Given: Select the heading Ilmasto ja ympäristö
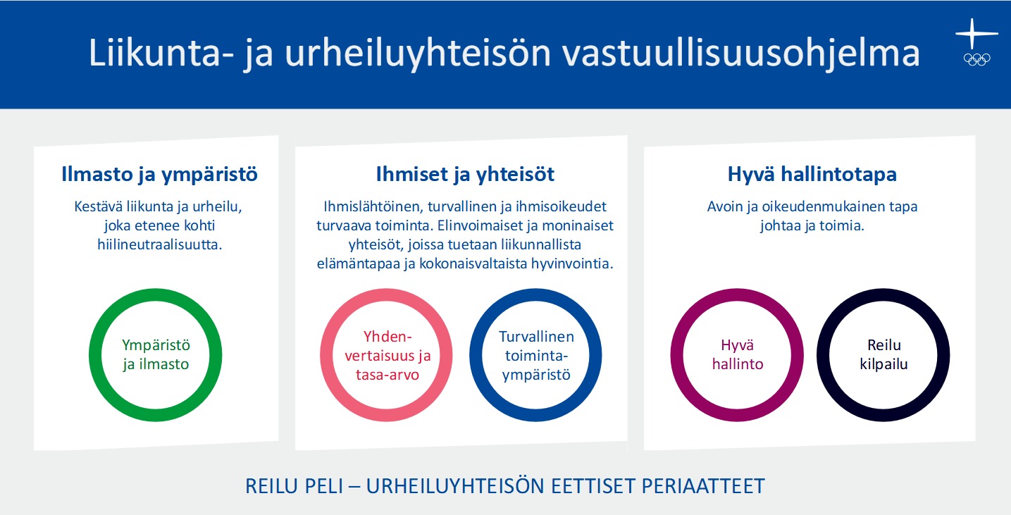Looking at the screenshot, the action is [x=159, y=175].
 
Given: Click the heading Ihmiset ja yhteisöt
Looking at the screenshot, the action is [x=465, y=175].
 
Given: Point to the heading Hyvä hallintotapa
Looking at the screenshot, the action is [x=812, y=175].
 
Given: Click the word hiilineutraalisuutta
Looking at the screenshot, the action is [x=160, y=244].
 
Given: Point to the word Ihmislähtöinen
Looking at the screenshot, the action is [x=373, y=206].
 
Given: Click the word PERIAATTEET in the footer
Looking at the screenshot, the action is [x=703, y=486].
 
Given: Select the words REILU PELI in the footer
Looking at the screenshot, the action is [x=294, y=486].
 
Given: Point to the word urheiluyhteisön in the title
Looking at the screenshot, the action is [x=418, y=54].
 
